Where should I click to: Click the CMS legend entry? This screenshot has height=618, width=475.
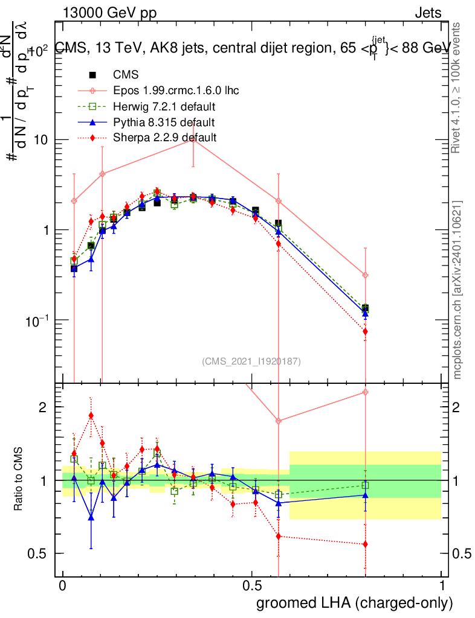click(126, 75)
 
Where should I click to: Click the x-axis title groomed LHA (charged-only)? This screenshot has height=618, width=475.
click(355, 603)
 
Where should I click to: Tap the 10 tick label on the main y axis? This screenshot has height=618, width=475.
click(41, 140)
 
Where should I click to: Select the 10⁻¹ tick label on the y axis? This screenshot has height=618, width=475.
click(37, 320)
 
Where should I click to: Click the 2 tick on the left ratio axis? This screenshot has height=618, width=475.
click(43, 407)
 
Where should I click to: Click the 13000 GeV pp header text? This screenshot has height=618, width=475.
click(109, 13)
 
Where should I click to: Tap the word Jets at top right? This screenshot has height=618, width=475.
click(428, 13)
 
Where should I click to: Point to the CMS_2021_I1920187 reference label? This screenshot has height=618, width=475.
click(251, 362)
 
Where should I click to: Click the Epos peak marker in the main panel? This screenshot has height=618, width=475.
click(193, 139)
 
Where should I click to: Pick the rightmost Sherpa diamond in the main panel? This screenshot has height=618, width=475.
click(365, 331)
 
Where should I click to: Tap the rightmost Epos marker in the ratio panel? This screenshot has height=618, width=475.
click(365, 392)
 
